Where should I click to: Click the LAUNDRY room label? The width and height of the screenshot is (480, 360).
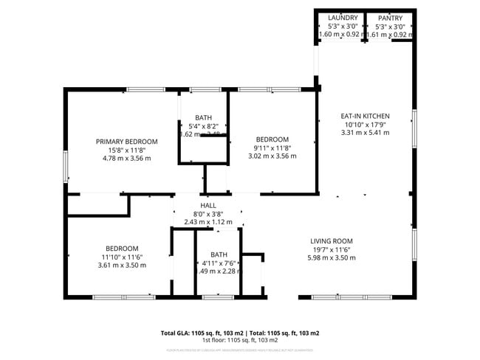(342, 18)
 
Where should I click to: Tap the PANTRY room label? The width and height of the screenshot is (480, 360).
(390, 18)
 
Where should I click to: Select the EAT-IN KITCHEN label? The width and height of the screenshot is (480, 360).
(365, 116)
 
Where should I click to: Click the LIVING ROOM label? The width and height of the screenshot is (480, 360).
(331, 241)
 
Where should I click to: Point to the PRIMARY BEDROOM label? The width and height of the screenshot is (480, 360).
(126, 141)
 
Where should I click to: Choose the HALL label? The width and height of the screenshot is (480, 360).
(208, 205)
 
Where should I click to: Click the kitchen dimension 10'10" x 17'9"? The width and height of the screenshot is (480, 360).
(365, 124)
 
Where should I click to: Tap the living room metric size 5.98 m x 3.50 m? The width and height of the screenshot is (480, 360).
(331, 257)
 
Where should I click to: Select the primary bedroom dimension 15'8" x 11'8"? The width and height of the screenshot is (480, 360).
(126, 150)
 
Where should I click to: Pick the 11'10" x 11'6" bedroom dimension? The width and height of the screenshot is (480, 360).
(121, 257)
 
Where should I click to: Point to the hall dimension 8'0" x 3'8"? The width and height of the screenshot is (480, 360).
(208, 214)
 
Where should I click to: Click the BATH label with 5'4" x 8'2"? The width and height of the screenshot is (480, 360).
(203, 118)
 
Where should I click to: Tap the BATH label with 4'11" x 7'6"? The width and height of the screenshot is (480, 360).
(219, 255)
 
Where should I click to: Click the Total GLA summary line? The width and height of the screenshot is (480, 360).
(240, 333)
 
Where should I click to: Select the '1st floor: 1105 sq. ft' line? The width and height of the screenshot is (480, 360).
(240, 340)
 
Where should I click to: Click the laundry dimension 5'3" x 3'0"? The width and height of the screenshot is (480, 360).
(342, 26)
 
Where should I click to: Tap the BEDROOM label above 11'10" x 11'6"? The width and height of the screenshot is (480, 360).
(121, 248)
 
